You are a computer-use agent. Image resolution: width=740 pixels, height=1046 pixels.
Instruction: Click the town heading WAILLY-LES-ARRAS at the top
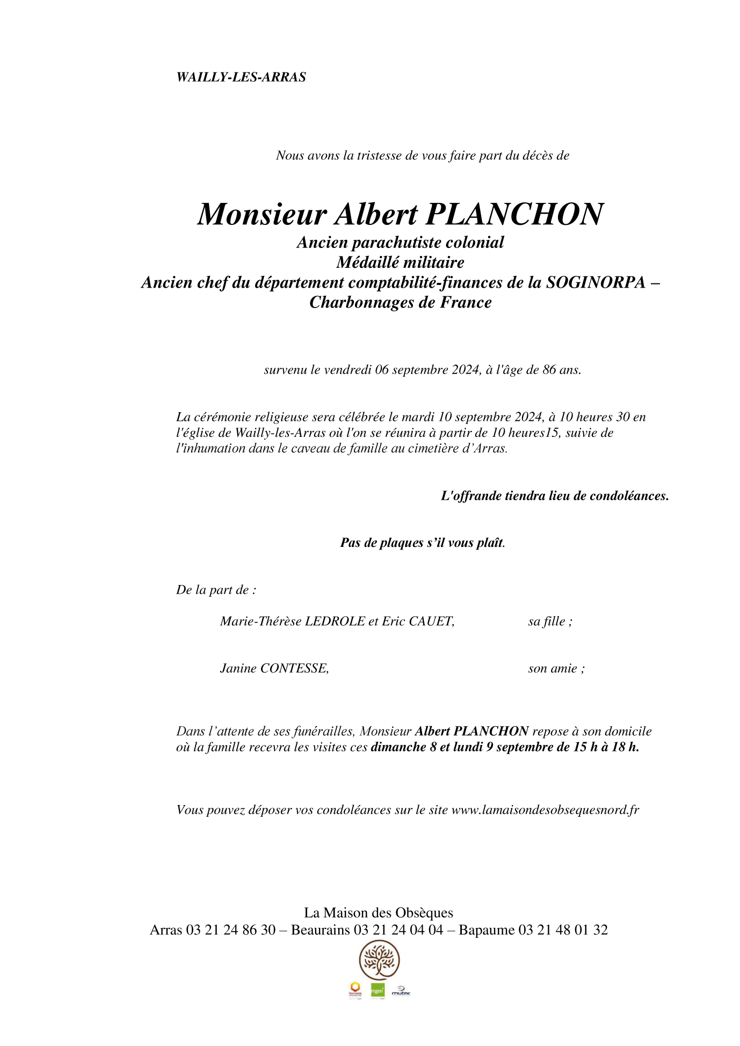[x=241, y=77]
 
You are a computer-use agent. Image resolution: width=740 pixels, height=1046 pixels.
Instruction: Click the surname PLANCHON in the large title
[x=514, y=214]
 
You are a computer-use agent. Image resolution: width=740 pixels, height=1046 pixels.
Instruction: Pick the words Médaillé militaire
[x=400, y=262]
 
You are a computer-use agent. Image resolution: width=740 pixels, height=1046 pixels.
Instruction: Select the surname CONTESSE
[x=294, y=669]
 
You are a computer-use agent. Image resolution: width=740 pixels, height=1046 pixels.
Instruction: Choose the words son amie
[x=555, y=669]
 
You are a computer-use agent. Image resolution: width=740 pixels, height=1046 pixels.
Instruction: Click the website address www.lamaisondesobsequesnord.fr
[x=545, y=810]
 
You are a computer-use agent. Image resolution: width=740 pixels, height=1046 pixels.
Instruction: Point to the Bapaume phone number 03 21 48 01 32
[x=563, y=930]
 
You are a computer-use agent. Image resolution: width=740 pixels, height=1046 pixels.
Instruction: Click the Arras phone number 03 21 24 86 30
[x=231, y=930]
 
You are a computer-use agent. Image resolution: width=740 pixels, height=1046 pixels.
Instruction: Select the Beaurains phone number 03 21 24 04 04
[x=398, y=930]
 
